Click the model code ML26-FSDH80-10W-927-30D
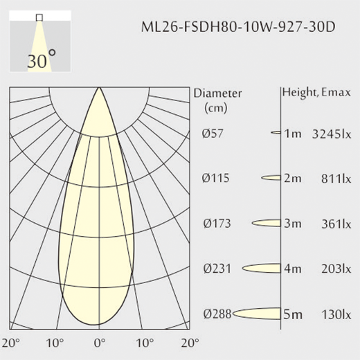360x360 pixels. tap(238, 27)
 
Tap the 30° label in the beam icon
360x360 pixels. tap(42, 60)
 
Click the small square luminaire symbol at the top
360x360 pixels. tap(39, 17)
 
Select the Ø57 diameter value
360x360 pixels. tap(213, 133)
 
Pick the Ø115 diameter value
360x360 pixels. tap(216, 178)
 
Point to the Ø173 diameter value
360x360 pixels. tap(217, 224)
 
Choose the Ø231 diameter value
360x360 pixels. tap(217, 269)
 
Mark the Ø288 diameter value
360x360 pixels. tap(217, 314)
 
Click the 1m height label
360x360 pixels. tap(293, 134)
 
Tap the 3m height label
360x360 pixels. tap(293, 224)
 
